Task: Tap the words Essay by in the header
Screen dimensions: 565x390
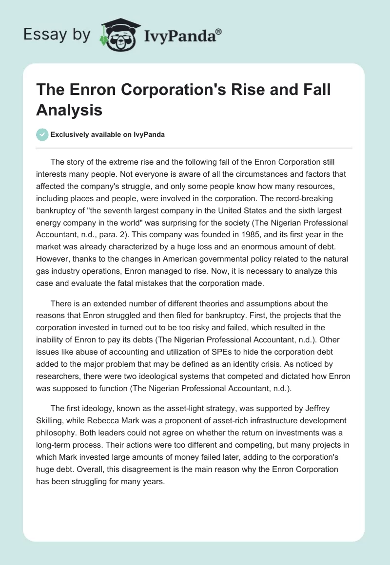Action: tap(57, 35)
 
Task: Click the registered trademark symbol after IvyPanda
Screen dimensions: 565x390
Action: tap(219, 31)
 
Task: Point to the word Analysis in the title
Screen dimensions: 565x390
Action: tap(69, 110)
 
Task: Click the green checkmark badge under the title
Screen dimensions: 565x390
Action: tap(42, 134)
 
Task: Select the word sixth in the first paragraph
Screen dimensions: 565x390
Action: tap(295, 211)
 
